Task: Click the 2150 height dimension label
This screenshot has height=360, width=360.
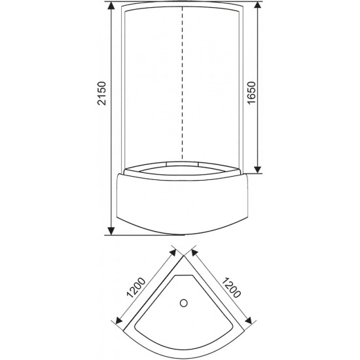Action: pyautogui.click(x=101, y=93)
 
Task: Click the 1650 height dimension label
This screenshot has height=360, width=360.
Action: pyautogui.click(x=251, y=93)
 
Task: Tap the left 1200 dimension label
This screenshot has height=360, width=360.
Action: pyautogui.click(x=136, y=288)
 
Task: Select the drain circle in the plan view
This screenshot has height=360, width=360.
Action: pyautogui.click(x=184, y=303)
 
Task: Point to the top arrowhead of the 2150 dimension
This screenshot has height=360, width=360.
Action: pyautogui.click(x=111, y=6)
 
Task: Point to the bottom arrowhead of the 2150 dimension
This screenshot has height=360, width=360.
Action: pyautogui.click(x=111, y=230)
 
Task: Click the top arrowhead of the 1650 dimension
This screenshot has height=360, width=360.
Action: pyautogui.click(x=259, y=6)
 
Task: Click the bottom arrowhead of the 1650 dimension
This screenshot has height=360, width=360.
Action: pyautogui.click(x=259, y=169)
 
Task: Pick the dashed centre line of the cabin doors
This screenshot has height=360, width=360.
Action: pyautogui.click(x=183, y=82)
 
